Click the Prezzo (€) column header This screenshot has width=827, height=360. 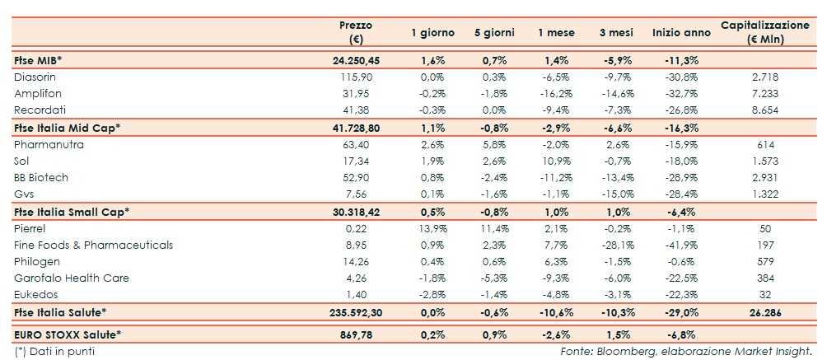coord(356,32)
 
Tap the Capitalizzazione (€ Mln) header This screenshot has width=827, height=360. coord(764,32)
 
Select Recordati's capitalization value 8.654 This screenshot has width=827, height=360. coord(765,110)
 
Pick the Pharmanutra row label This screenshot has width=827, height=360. coord(49,144)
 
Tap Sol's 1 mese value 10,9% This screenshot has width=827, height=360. coord(554,161)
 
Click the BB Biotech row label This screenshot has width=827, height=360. coord(42,177)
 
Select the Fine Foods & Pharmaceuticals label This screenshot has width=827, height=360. coord(94,245)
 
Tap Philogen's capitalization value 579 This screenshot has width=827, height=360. coord(765,261)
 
